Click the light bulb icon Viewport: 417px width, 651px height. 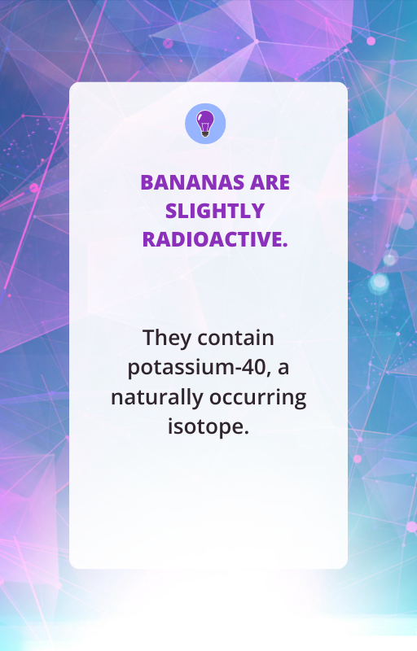coord(205,124)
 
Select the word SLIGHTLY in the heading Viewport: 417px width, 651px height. coord(215,211)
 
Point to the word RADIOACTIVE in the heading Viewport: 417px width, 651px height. coord(213,239)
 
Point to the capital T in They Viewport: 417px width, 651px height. coord(149,338)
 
